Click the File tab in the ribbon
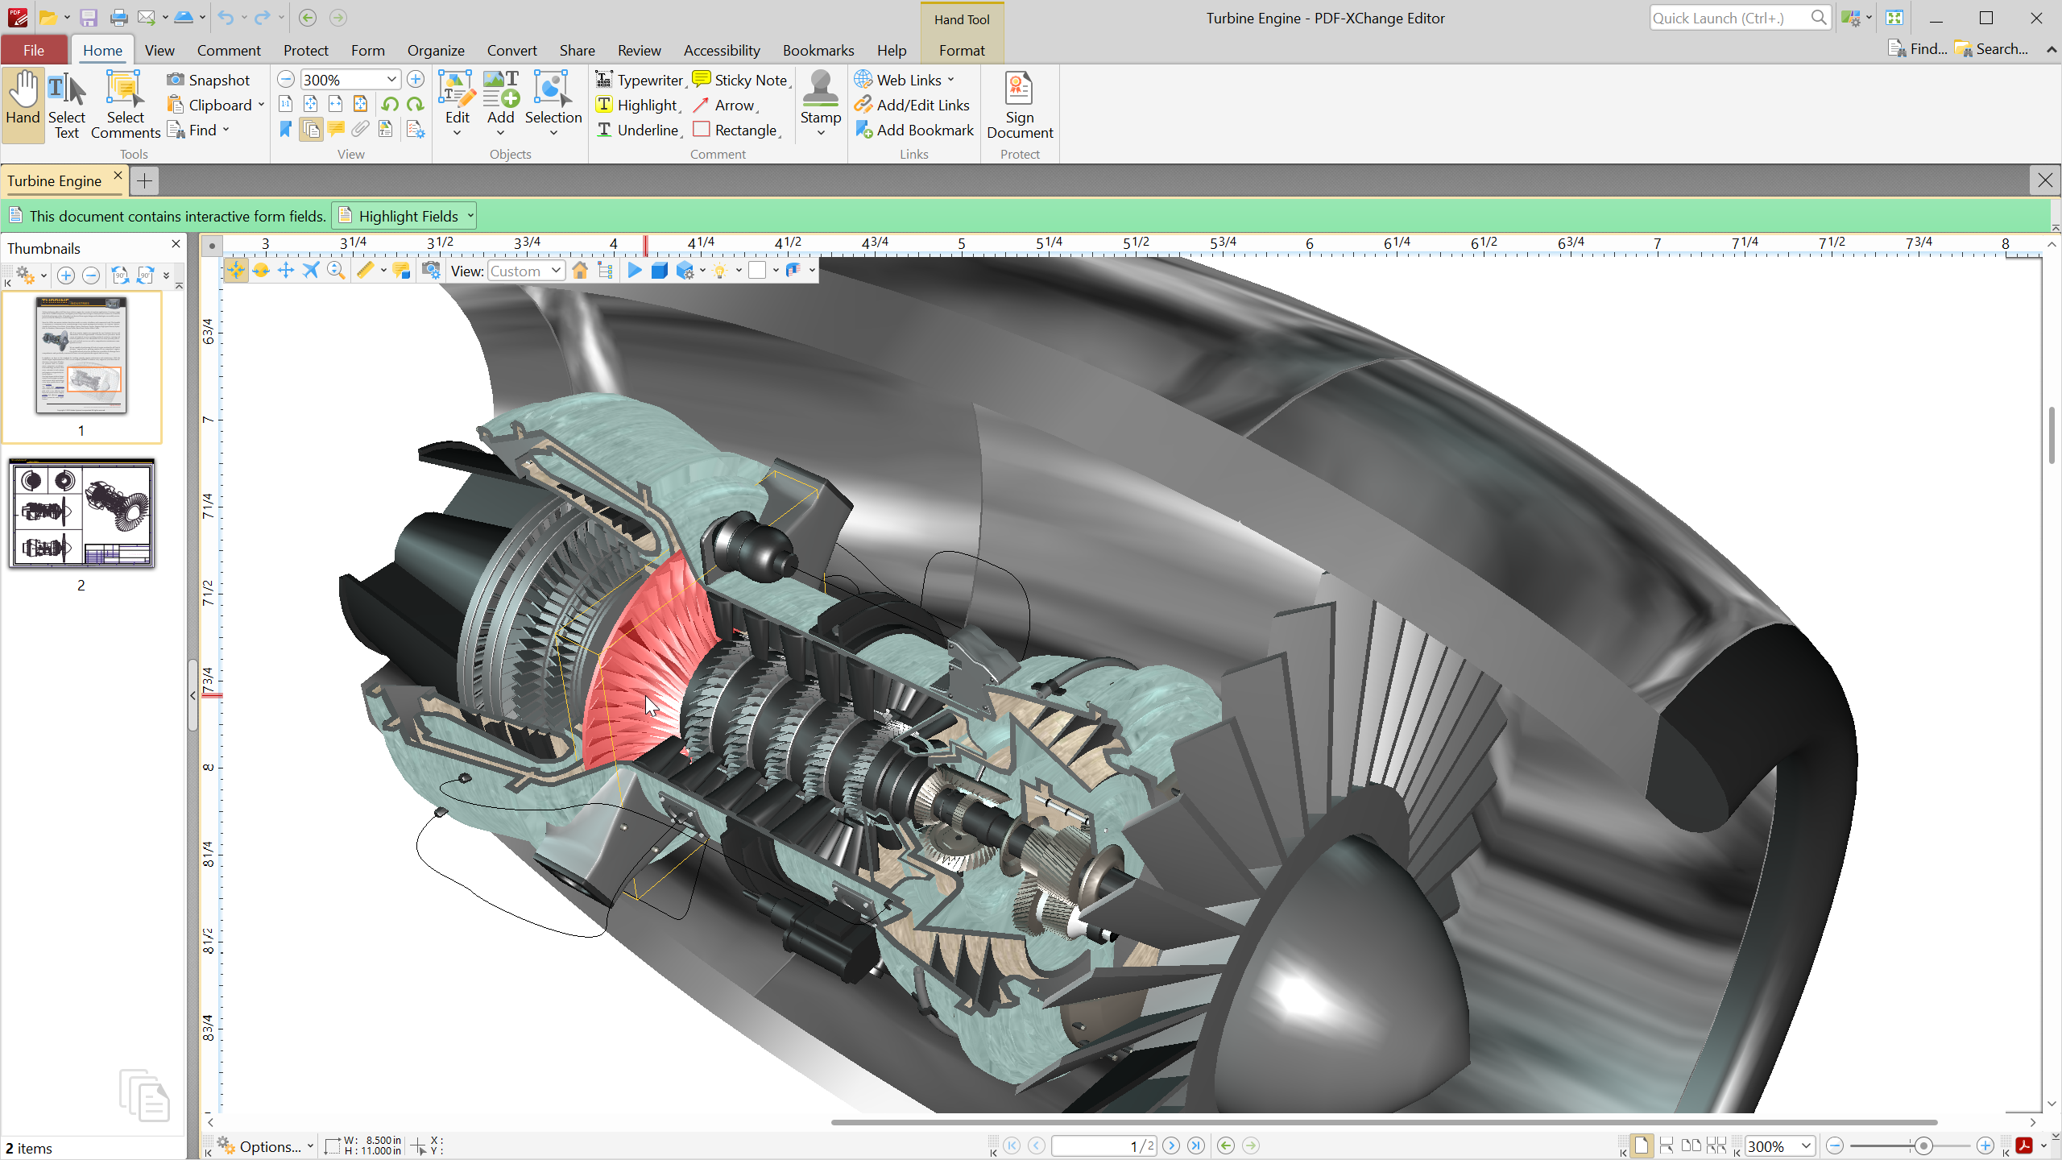click(34, 50)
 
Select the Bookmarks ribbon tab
click(818, 50)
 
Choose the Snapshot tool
click(209, 80)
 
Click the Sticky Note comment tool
click(740, 80)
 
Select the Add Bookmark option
click(914, 130)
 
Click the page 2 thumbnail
click(81, 513)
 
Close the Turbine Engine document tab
click(118, 176)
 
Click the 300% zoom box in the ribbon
click(342, 80)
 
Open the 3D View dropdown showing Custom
click(525, 271)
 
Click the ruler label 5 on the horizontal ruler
click(961, 243)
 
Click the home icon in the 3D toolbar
click(579, 271)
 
